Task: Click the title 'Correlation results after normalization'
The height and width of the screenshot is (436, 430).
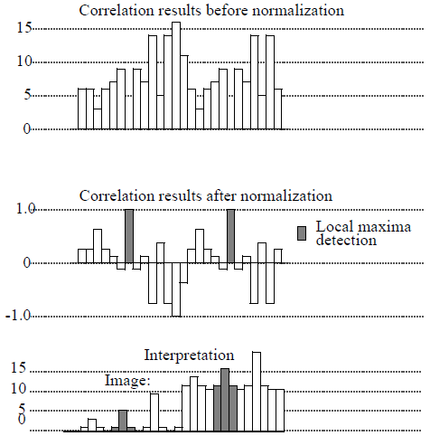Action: coord(206,195)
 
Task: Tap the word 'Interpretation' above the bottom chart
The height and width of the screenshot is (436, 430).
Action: coord(189,355)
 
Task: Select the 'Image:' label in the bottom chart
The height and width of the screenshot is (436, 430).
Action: coord(127,382)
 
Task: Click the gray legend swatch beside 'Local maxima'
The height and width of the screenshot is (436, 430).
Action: coord(303,233)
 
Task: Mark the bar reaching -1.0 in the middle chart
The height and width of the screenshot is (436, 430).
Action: coord(176,289)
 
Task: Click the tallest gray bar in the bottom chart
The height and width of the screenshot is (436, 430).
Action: coord(225,399)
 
